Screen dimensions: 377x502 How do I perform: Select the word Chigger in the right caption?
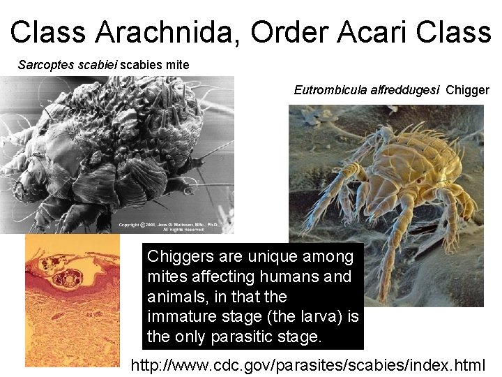click(468, 90)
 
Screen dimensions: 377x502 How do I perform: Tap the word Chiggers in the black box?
click(178, 256)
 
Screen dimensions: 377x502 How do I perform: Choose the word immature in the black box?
click(180, 317)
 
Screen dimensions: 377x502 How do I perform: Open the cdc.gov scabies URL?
click(307, 364)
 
